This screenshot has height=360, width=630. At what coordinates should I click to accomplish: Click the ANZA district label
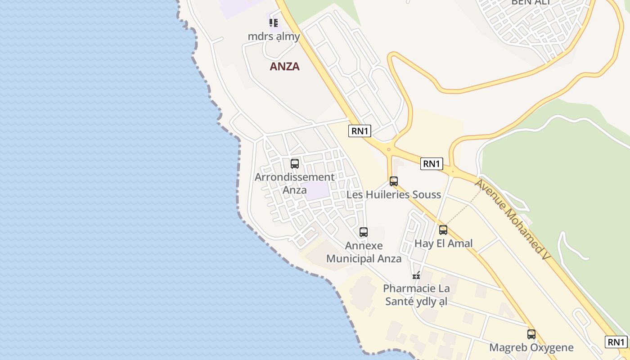(x=284, y=67)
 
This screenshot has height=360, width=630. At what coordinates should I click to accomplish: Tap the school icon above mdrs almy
(x=273, y=22)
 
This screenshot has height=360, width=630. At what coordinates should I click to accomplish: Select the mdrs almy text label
(x=274, y=36)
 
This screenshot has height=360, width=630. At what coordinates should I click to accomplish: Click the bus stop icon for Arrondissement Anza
(x=295, y=164)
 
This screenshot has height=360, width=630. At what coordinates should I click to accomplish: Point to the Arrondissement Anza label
(x=295, y=183)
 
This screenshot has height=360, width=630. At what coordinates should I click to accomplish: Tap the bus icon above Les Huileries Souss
(x=394, y=181)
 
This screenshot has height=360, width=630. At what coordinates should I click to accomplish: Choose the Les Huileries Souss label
(x=393, y=194)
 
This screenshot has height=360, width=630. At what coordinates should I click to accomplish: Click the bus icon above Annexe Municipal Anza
(x=364, y=232)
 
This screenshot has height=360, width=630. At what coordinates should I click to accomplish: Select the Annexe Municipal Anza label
(x=364, y=252)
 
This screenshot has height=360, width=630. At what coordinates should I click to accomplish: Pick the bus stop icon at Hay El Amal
(x=443, y=230)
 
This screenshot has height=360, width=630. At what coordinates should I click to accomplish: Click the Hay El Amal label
(x=443, y=243)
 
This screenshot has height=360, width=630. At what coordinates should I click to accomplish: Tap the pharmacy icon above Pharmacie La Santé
(x=416, y=275)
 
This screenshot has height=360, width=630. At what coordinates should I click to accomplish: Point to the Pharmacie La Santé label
(x=416, y=294)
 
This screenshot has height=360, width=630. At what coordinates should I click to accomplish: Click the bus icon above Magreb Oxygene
(x=531, y=334)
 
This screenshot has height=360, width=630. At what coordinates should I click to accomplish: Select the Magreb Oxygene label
(x=531, y=347)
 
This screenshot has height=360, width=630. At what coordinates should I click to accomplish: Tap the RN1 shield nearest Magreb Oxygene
(x=616, y=342)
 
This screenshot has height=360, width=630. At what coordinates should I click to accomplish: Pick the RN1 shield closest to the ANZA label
(x=360, y=131)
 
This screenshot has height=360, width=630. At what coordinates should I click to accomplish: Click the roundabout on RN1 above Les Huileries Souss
(x=388, y=149)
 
